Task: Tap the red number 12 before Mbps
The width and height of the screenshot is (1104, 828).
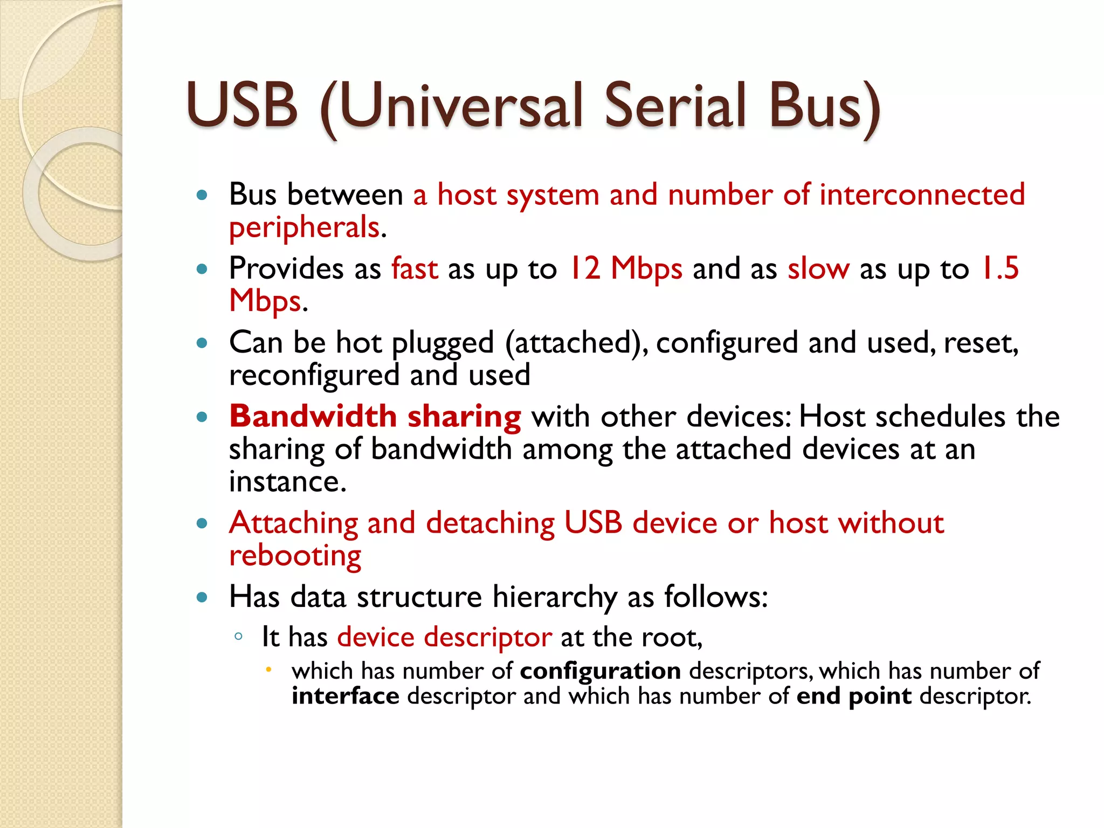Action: coord(585,268)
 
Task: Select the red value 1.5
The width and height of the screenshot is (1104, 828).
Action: coord(1000,268)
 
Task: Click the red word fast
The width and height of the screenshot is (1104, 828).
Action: coord(415,268)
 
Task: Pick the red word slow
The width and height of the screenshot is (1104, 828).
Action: coord(818,268)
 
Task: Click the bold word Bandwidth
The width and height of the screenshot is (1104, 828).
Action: coord(313,417)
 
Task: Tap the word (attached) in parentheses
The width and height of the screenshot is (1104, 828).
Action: coord(576,343)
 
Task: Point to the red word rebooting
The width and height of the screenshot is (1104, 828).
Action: coord(295,556)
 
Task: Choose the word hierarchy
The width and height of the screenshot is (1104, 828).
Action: coord(555,597)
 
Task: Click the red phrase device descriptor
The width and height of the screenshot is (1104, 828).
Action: coord(445,637)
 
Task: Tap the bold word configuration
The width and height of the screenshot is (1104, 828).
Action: coord(600,671)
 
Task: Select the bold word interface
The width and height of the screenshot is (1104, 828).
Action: coord(346,696)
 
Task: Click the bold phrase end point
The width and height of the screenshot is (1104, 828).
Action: coord(854,696)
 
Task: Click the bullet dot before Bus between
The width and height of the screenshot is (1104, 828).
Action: coord(202,195)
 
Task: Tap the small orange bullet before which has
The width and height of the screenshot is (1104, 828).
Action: coord(268,670)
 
